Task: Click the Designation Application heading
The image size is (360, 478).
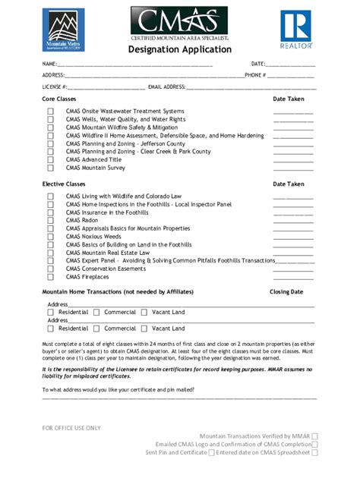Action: tap(179, 49)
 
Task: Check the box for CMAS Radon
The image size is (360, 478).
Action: tap(51, 221)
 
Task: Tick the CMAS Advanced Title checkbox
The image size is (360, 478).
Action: tap(51, 160)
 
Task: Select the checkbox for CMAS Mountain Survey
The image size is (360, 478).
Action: tap(51, 168)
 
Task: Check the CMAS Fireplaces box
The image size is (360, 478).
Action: tap(51, 277)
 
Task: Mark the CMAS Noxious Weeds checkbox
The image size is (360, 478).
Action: tap(51, 237)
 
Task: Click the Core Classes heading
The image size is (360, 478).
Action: tap(59, 99)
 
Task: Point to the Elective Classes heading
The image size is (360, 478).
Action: tap(64, 184)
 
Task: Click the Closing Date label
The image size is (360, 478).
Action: tap(286, 291)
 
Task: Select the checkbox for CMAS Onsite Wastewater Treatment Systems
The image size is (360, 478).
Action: tap(51, 112)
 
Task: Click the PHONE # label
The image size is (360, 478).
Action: tap(255, 75)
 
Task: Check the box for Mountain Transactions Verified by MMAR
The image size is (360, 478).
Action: tap(314, 436)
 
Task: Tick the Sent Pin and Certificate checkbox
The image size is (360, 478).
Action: tap(211, 452)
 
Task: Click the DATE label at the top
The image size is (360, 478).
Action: tap(258, 64)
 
